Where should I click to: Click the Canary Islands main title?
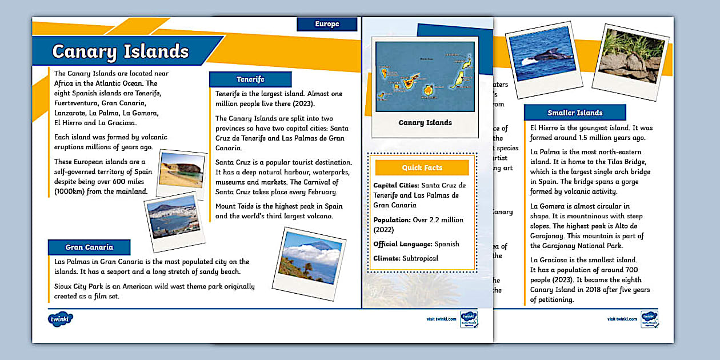[121, 51]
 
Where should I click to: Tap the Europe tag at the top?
[327, 24]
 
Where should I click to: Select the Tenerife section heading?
[250, 79]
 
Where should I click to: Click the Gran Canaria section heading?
[89, 247]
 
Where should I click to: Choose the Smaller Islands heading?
[575, 113]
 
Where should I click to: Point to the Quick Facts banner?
[422, 167]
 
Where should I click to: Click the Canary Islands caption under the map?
[425, 123]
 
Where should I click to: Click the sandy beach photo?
[181, 170]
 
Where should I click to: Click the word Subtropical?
[420, 258]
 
